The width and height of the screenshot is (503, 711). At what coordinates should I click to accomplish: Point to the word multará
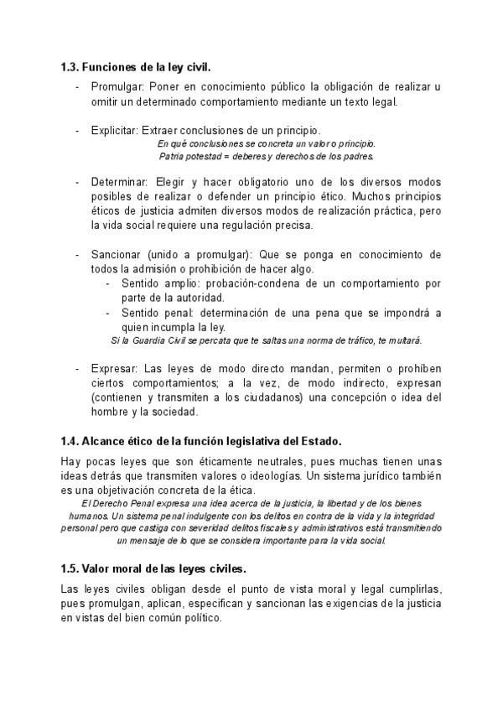tap(405, 340)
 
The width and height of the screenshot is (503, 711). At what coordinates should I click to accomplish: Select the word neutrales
tap(272, 461)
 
